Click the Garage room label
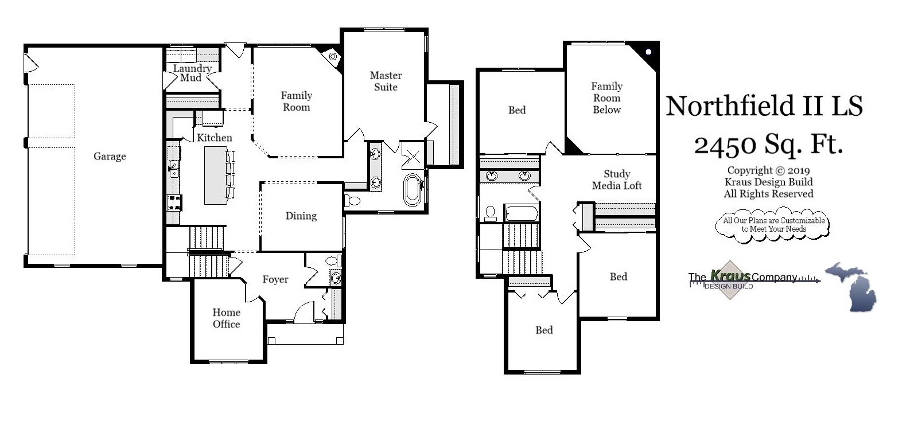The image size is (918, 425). point(110,156)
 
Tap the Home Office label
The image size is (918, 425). point(226,318)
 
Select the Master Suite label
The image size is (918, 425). point(386,81)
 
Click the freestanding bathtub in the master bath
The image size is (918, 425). point(412,190)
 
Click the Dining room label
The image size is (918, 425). point(301,216)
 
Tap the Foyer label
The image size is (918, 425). point(275,279)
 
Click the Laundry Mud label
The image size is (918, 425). point(192,73)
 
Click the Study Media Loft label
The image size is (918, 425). point(617,180)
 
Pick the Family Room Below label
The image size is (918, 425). point(606,98)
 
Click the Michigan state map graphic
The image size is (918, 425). point(851,286)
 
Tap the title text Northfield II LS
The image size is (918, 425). point(764,106)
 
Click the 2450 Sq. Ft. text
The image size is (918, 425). point(768,145)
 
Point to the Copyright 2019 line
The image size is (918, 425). point(768,170)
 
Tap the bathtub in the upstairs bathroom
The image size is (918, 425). point(521,214)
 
